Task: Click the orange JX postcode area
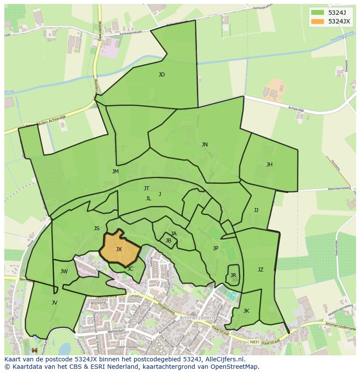(x=119, y=249)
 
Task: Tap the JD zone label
(x=162, y=75)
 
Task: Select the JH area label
(x=270, y=165)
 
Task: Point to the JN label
(x=204, y=145)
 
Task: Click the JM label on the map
(x=115, y=172)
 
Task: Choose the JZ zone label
(x=260, y=270)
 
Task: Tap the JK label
(x=246, y=311)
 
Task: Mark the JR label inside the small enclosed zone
(x=233, y=275)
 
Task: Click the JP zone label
(x=216, y=248)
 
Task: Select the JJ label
(x=256, y=210)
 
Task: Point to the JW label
(x=64, y=272)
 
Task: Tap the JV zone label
(x=54, y=303)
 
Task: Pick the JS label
(x=97, y=228)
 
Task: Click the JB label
(x=168, y=241)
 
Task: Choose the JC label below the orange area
(x=130, y=269)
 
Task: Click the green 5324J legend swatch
(x=317, y=12)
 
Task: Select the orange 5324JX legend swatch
(x=317, y=21)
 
